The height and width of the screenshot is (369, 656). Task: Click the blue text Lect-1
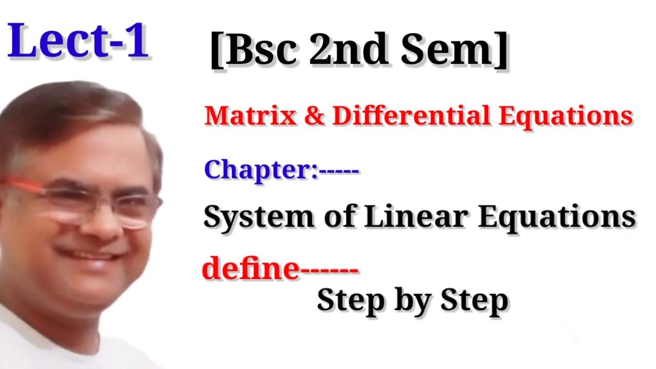(78, 40)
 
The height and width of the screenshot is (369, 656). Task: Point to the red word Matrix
(250, 116)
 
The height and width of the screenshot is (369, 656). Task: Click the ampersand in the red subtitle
(314, 117)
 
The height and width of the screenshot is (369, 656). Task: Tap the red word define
(250, 269)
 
